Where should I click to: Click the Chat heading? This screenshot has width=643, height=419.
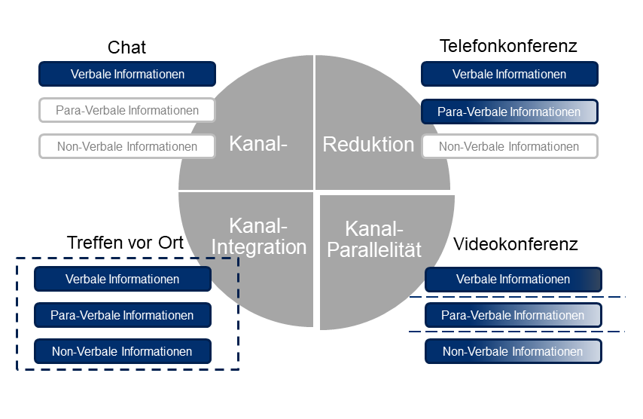[126, 47]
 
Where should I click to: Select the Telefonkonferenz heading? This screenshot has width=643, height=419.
[508, 46]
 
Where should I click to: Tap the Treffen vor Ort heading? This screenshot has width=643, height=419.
[125, 243]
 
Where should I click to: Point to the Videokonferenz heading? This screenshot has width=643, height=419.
[516, 244]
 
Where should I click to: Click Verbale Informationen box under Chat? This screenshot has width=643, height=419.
[127, 74]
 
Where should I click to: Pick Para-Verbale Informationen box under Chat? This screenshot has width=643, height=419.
[127, 110]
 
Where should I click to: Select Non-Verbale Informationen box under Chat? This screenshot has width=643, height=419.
[127, 146]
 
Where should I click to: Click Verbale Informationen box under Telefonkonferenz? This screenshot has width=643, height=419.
[509, 74]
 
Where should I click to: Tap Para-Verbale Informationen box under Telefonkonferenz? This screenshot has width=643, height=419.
[509, 112]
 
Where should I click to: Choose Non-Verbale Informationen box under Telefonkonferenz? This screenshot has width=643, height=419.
[509, 146]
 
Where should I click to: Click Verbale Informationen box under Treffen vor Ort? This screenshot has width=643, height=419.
[123, 279]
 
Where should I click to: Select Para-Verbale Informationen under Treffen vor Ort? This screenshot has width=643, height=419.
[123, 315]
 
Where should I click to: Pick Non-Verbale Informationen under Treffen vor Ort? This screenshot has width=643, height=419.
[123, 351]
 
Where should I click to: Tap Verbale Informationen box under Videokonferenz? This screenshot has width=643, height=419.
[513, 280]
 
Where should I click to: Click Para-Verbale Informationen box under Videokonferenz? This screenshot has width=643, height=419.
[513, 315]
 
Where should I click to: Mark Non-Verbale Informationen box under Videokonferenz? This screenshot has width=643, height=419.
[513, 351]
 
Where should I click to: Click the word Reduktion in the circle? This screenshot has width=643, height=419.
[368, 145]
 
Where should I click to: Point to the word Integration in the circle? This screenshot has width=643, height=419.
[259, 247]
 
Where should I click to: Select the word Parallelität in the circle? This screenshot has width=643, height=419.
[374, 249]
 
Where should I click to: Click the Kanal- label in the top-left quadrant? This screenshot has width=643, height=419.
[258, 144]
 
